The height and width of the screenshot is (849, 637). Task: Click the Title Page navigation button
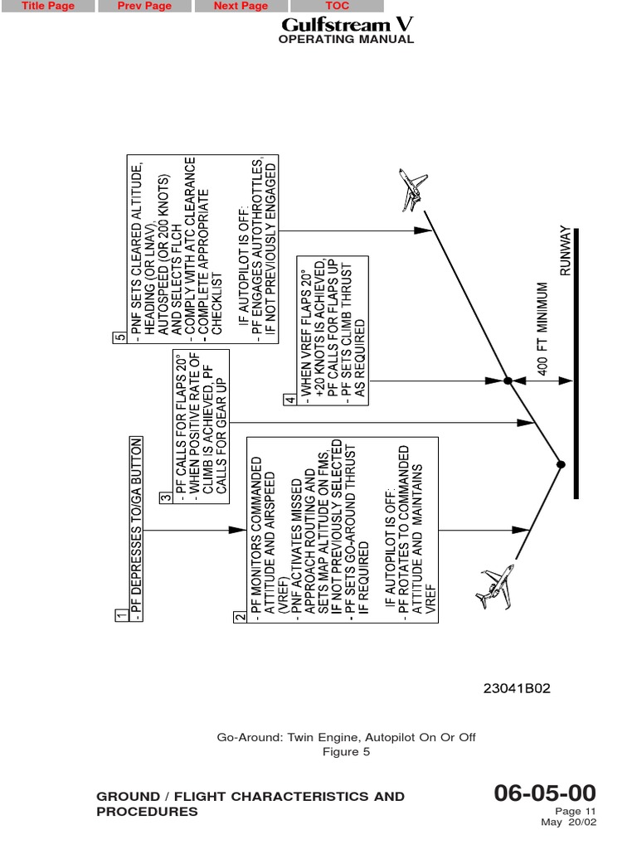47,6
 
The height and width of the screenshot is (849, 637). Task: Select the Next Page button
241,6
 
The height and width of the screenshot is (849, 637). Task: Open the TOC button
337,6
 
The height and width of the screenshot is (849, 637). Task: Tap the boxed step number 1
121,616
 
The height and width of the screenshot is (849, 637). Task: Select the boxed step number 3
166,497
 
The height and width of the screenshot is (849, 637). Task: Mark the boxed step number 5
121,337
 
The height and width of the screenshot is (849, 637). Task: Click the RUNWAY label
566,250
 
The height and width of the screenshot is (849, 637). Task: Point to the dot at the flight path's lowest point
561,464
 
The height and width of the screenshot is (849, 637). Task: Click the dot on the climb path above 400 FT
508,381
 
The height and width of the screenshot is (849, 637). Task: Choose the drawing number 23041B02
518,688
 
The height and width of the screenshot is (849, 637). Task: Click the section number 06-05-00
545,793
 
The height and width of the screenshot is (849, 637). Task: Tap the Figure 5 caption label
346,752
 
